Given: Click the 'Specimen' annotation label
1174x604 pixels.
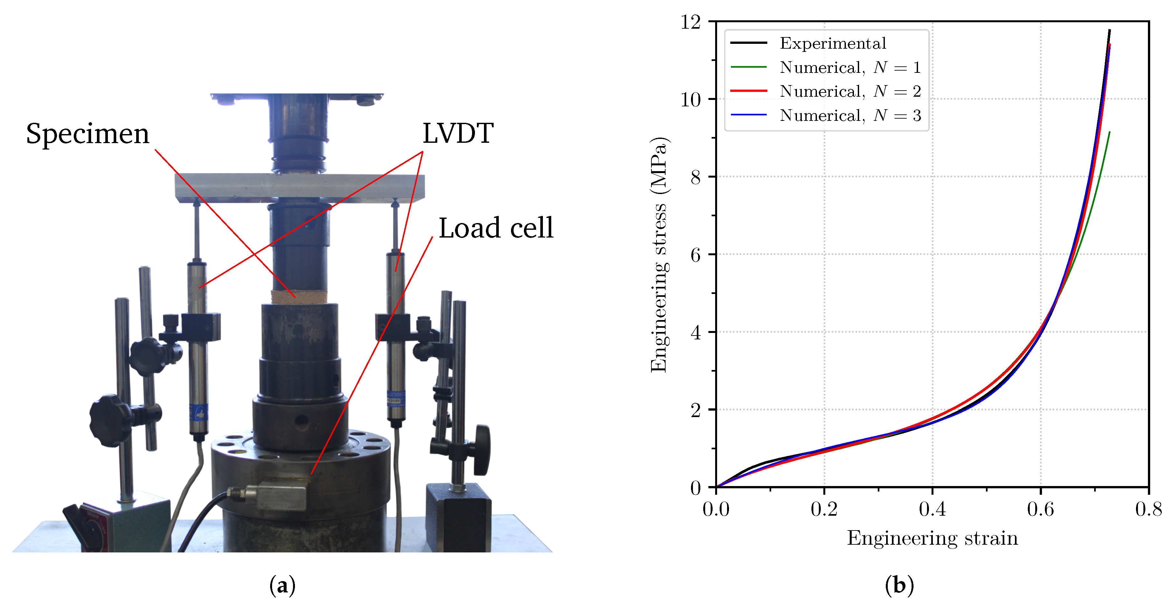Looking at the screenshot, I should [88, 134].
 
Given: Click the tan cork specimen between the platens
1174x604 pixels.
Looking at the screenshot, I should [299, 297].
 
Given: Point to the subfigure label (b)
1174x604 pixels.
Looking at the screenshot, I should [899, 585].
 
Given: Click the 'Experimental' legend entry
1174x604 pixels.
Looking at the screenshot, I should [833, 43].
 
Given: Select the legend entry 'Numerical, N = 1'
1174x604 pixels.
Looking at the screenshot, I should [850, 67].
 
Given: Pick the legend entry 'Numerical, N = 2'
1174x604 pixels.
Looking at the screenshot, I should [850, 91].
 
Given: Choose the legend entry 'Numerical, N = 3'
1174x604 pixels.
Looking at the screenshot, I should [850, 115].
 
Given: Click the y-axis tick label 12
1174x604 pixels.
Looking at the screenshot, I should [690, 22].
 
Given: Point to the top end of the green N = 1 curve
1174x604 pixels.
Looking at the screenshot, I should [1109, 132].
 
